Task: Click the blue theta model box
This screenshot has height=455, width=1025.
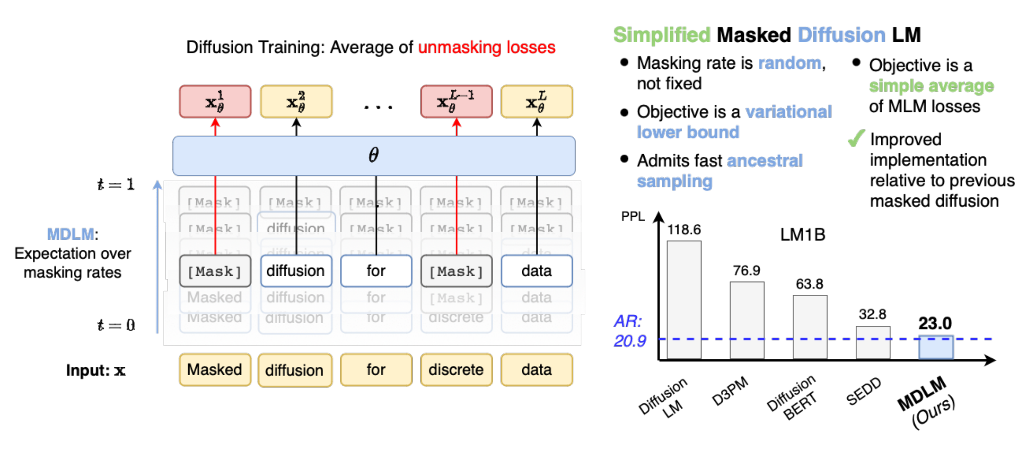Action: coord(374,156)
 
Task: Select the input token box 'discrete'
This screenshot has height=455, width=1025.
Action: coord(456,370)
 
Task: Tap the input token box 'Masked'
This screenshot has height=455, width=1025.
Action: coord(215,370)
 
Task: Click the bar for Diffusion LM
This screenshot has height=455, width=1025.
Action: coord(684,299)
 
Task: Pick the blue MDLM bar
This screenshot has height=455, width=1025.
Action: coord(936,348)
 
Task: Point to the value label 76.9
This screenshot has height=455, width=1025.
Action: coord(746,270)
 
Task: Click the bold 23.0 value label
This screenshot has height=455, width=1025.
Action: coord(935,323)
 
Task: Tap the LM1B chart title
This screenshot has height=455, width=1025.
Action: coord(803,234)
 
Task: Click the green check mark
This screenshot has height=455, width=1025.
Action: coord(856,138)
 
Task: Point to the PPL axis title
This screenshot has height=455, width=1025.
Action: coord(633,216)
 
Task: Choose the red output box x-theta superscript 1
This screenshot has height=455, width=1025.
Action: coord(215,102)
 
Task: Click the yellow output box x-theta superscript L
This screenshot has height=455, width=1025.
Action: coord(537,102)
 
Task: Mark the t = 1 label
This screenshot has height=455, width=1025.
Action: coord(116,185)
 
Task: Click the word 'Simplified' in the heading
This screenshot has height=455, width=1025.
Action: coord(662,35)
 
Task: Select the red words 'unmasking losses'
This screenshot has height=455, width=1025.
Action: coord(487,47)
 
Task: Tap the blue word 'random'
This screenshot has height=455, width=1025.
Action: coord(789,63)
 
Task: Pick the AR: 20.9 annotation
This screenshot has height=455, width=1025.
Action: coord(629,331)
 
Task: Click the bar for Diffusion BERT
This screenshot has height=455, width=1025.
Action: coord(810,327)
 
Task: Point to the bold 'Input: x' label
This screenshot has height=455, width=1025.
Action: coord(96,370)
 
